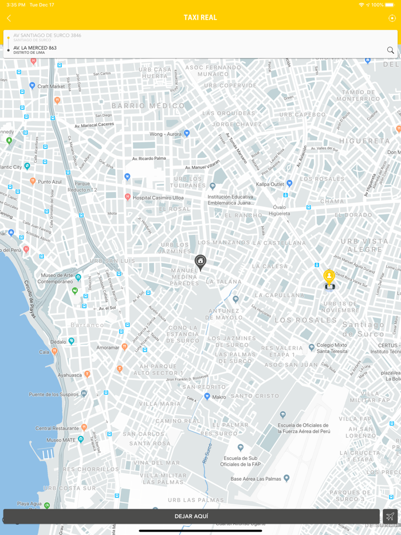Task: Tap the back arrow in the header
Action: [x=9, y=18]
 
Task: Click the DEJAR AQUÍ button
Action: [x=191, y=516]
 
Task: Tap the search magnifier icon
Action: [x=390, y=50]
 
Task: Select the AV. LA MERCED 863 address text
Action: [x=35, y=48]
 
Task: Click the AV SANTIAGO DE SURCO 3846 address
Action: [x=47, y=36]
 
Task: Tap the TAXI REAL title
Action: [x=200, y=18]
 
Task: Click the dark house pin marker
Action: [x=200, y=262]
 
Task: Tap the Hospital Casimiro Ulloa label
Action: [x=158, y=198]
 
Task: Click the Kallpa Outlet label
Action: [x=270, y=184]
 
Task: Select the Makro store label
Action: [x=218, y=396]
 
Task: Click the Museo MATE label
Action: [x=61, y=440]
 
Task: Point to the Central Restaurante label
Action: [x=57, y=428]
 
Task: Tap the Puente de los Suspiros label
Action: [x=53, y=394]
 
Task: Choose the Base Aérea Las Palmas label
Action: [x=255, y=479]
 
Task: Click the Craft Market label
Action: [x=51, y=86]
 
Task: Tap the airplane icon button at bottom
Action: [x=390, y=516]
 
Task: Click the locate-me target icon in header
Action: [x=392, y=18]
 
